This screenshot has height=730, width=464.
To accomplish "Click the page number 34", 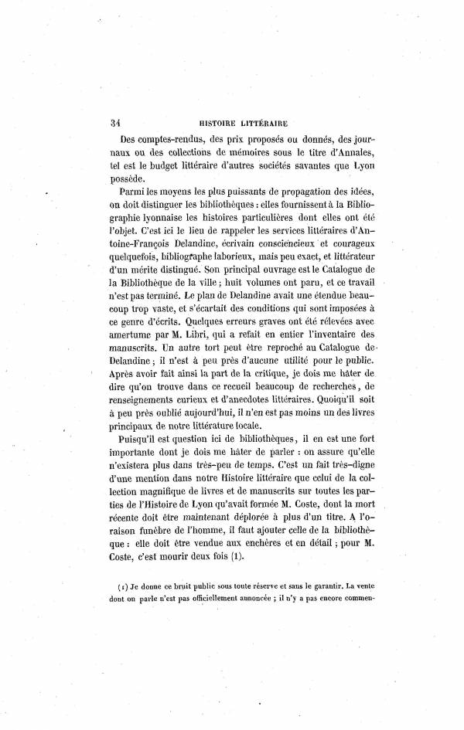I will click(118, 121).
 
